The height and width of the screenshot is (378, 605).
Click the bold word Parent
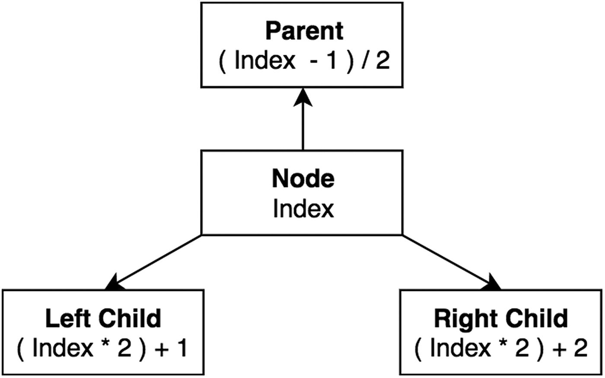[x=304, y=31]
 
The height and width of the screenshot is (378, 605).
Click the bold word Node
[x=303, y=178]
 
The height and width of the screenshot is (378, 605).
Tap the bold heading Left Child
[x=103, y=318]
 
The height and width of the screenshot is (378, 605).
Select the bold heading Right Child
[x=500, y=318]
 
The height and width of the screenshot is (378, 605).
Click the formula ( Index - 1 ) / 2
[x=304, y=61]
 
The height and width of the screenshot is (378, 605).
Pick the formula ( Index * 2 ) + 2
[x=500, y=348]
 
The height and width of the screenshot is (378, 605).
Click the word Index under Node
[x=303, y=209]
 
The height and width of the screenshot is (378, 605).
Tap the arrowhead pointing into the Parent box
[x=303, y=96]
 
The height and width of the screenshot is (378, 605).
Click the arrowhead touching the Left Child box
[x=115, y=283]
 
